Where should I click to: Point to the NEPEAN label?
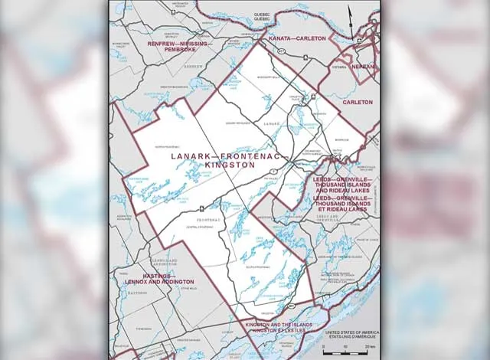click(363, 67)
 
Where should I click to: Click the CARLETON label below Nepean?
click(358, 101)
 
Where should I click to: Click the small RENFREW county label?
click(193, 66)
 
